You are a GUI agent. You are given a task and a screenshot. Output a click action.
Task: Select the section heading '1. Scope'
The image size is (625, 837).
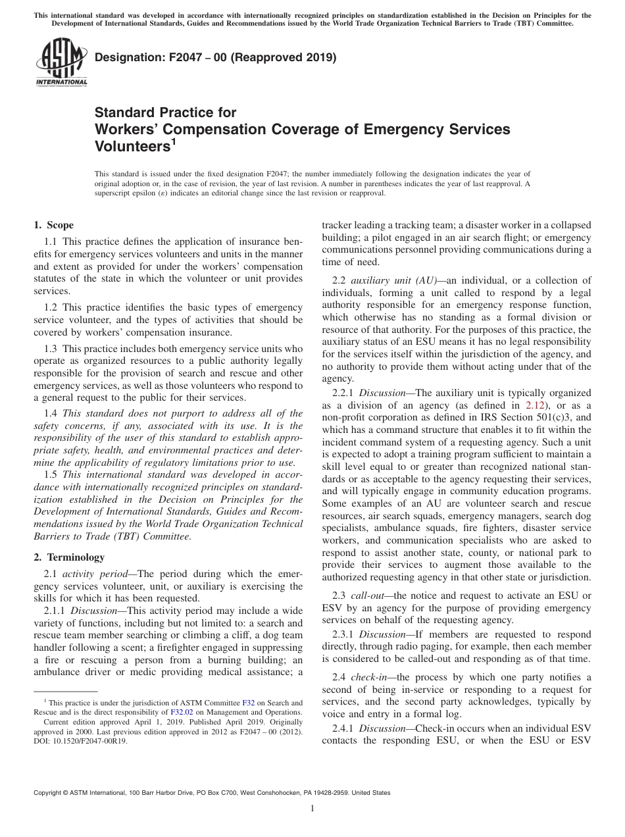click(53, 225)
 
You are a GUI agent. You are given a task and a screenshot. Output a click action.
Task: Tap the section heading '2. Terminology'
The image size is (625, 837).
click(69, 557)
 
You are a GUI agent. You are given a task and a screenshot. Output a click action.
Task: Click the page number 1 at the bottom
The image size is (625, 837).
click(312, 809)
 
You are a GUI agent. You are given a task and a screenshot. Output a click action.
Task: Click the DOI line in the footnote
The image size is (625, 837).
click(81, 740)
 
